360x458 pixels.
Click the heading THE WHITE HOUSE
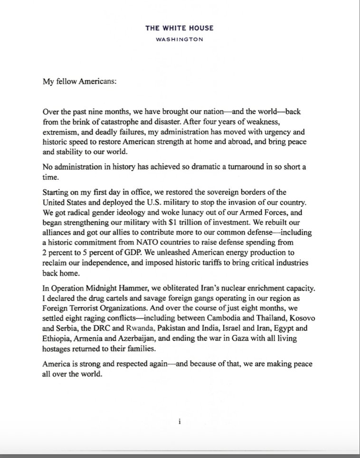(x=180, y=28)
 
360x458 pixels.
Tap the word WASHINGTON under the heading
(x=180, y=40)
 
